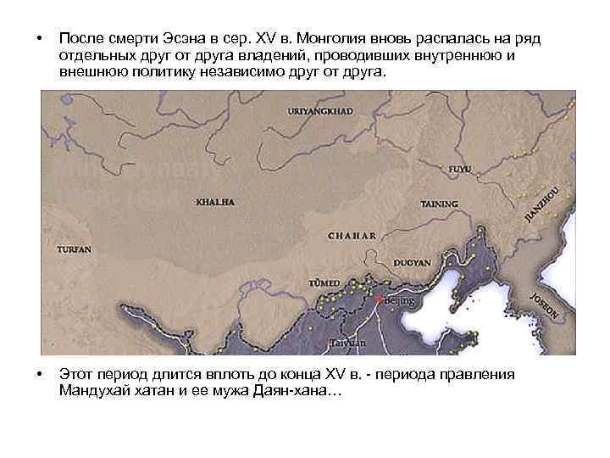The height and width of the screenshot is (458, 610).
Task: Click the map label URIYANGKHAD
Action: [320, 111]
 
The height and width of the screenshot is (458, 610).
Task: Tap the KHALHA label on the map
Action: [215, 203]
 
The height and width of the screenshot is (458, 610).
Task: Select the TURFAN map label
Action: [74, 250]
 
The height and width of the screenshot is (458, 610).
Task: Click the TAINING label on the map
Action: [440, 204]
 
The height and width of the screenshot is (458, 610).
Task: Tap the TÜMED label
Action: [326, 282]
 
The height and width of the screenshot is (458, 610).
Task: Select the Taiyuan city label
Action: [347, 343]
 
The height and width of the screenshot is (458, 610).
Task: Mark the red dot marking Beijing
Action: [379, 299]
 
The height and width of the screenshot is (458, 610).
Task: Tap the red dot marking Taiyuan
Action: [329, 341]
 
